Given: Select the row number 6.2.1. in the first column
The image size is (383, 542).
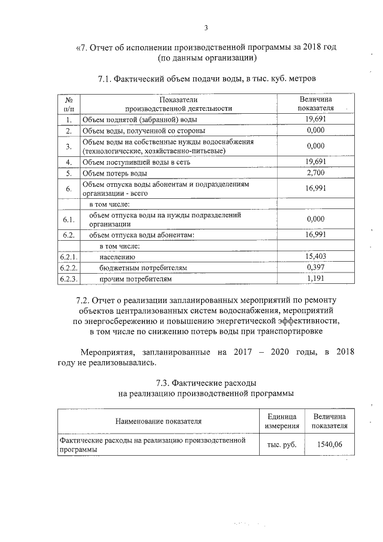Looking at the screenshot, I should coord(69,256).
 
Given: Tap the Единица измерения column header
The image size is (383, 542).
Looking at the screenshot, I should coord(281,420).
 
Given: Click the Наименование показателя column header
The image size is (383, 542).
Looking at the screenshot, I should coord(159,421).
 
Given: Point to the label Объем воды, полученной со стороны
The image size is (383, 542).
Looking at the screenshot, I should coord(144,130).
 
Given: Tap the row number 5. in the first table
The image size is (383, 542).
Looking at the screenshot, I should coord(69,174).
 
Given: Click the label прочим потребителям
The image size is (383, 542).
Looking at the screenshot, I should coord(135,279).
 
